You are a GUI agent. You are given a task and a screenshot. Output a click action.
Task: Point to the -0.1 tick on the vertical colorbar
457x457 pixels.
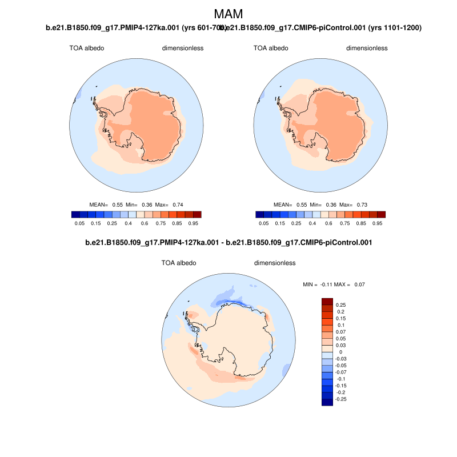point(342,379)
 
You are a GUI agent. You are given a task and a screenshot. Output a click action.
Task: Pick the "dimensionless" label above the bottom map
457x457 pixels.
point(274,263)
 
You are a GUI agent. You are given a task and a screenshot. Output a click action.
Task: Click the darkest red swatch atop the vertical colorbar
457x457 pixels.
point(327,302)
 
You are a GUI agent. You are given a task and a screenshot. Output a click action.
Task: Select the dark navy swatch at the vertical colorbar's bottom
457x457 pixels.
point(327,402)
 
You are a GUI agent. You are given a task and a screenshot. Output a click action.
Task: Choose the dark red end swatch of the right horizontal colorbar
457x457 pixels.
point(381,214)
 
